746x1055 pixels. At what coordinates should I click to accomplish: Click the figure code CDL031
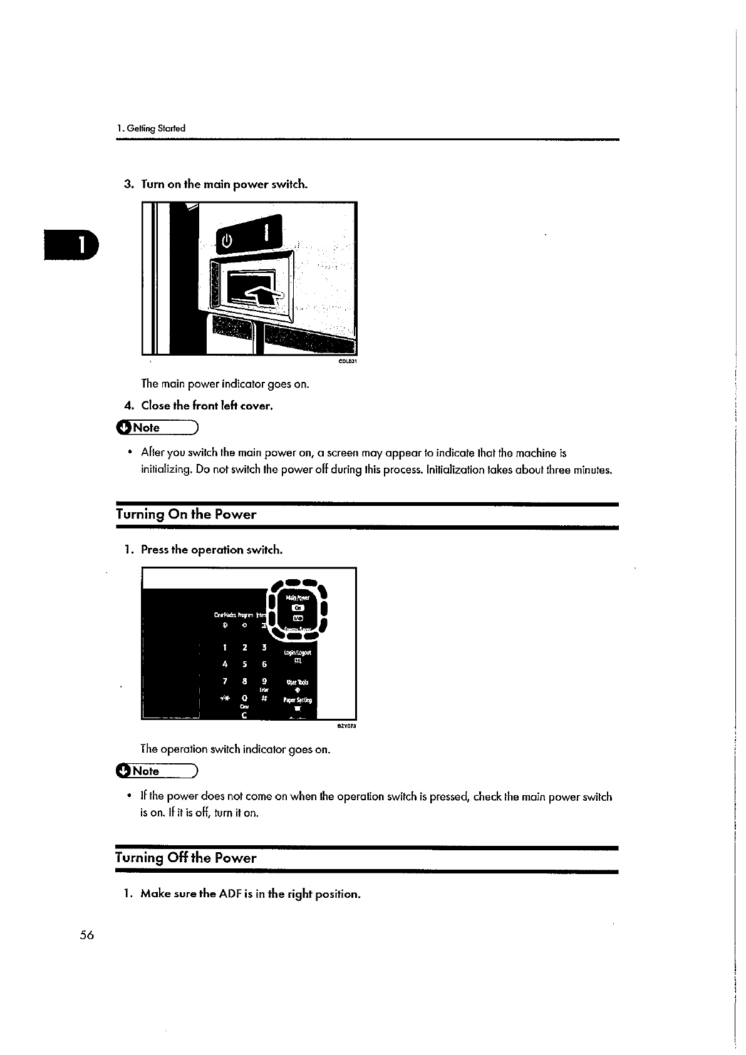[x=348, y=362]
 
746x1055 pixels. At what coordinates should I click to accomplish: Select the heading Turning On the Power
[x=186, y=515]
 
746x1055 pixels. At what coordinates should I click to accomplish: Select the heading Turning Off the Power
[x=186, y=858]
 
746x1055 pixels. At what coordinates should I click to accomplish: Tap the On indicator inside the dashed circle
[x=298, y=607]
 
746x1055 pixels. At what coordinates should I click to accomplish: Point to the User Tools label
[x=297, y=682]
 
